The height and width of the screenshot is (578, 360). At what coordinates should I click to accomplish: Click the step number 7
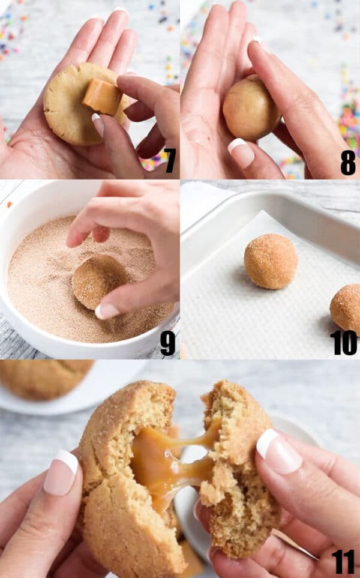170,161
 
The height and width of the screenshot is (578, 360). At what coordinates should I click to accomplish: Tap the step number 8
348,163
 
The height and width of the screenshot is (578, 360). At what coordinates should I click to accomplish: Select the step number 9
168,343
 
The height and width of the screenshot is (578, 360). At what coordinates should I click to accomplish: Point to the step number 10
344,343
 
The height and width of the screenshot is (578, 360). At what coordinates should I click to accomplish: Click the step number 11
343,562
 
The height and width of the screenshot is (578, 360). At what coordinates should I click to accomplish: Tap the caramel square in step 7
103,96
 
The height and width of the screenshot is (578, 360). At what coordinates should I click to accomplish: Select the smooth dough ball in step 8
250,108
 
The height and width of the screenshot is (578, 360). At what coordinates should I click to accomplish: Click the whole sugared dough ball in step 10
271,260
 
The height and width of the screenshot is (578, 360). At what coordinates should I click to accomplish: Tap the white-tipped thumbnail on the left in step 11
62,472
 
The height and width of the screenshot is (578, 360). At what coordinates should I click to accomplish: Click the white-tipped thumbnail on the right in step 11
278,451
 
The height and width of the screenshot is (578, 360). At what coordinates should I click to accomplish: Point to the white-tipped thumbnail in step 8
242,152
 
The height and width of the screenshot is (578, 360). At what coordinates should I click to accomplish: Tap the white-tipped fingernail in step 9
107,310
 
